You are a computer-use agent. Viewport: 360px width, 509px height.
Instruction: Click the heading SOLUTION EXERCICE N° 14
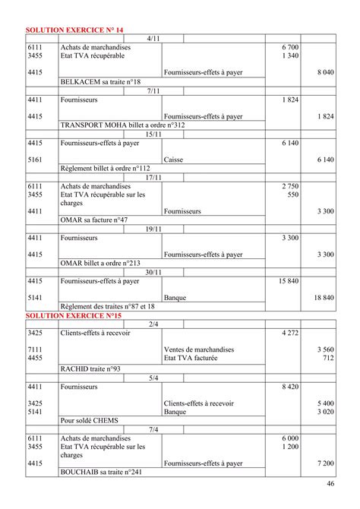[74, 29]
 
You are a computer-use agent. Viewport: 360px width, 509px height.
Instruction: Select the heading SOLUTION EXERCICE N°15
[73, 315]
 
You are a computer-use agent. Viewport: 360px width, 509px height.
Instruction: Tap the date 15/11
[153, 134]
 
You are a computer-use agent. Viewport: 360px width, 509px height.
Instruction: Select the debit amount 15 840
[289, 281]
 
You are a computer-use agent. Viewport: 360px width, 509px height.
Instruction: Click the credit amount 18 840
[324, 299]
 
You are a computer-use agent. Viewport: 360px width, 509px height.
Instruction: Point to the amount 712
[327, 358]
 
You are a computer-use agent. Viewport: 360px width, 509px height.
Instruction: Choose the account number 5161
[34, 160]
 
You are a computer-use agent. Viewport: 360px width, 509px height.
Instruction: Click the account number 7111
[34, 349]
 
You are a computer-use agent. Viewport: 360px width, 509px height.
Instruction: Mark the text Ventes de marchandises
[199, 349]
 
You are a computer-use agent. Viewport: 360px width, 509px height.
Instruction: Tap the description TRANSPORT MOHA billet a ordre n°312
[122, 125]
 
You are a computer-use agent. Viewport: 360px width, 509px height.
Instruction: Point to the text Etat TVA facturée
[191, 358]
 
